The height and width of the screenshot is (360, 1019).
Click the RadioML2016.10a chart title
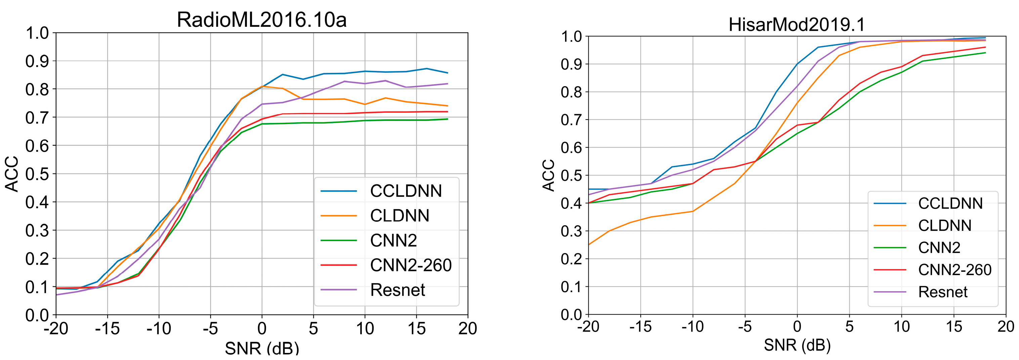261,20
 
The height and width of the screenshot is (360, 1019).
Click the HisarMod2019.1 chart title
797,25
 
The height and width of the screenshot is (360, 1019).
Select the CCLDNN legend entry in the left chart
406,191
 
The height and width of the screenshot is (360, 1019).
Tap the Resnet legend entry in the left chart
397,290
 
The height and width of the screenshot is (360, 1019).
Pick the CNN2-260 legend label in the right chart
954,270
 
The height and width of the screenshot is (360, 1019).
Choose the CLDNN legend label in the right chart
945,225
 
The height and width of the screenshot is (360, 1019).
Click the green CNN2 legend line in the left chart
339,240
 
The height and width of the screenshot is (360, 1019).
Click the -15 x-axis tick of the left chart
107,328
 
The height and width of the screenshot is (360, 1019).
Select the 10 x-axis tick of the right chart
901,327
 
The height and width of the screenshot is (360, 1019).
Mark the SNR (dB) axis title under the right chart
797,345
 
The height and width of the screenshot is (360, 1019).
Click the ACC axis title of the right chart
549,175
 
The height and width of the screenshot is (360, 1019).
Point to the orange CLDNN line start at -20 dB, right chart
589,244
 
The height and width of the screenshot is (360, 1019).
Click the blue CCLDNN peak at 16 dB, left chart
426,69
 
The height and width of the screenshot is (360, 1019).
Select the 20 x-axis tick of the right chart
1006,327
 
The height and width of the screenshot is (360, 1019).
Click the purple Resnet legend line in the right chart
890,292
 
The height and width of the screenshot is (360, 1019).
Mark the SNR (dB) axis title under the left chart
261,348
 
